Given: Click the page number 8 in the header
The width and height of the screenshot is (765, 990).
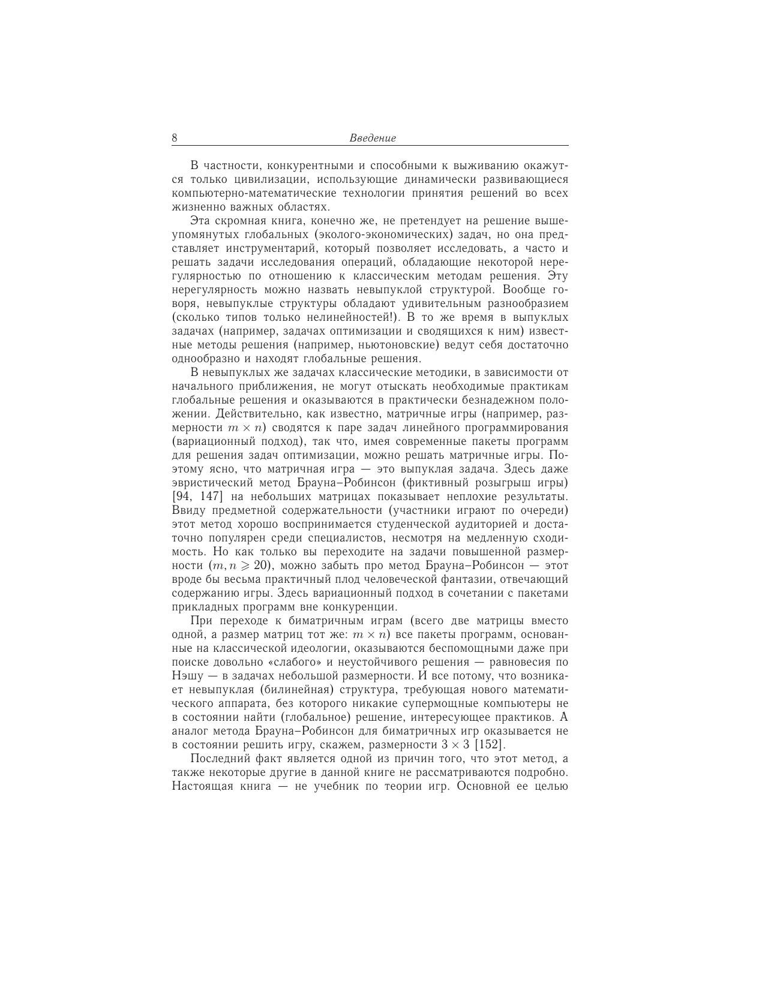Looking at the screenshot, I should [x=175, y=138].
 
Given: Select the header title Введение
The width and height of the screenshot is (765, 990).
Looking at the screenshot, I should [x=373, y=138].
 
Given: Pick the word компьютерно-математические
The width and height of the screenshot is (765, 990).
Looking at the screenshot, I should [x=253, y=193].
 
